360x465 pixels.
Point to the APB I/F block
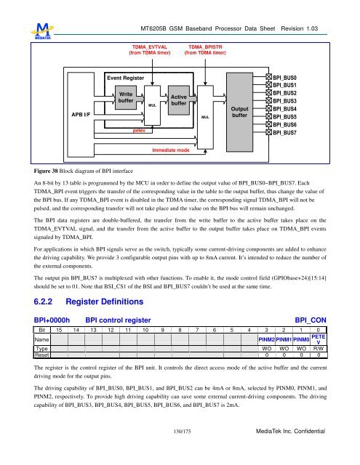81,114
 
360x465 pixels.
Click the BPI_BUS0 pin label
284,76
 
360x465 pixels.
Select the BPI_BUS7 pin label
284,133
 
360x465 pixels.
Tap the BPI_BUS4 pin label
284,108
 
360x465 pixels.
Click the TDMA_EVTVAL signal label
149,48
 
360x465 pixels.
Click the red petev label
138,132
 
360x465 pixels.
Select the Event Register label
126,77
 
